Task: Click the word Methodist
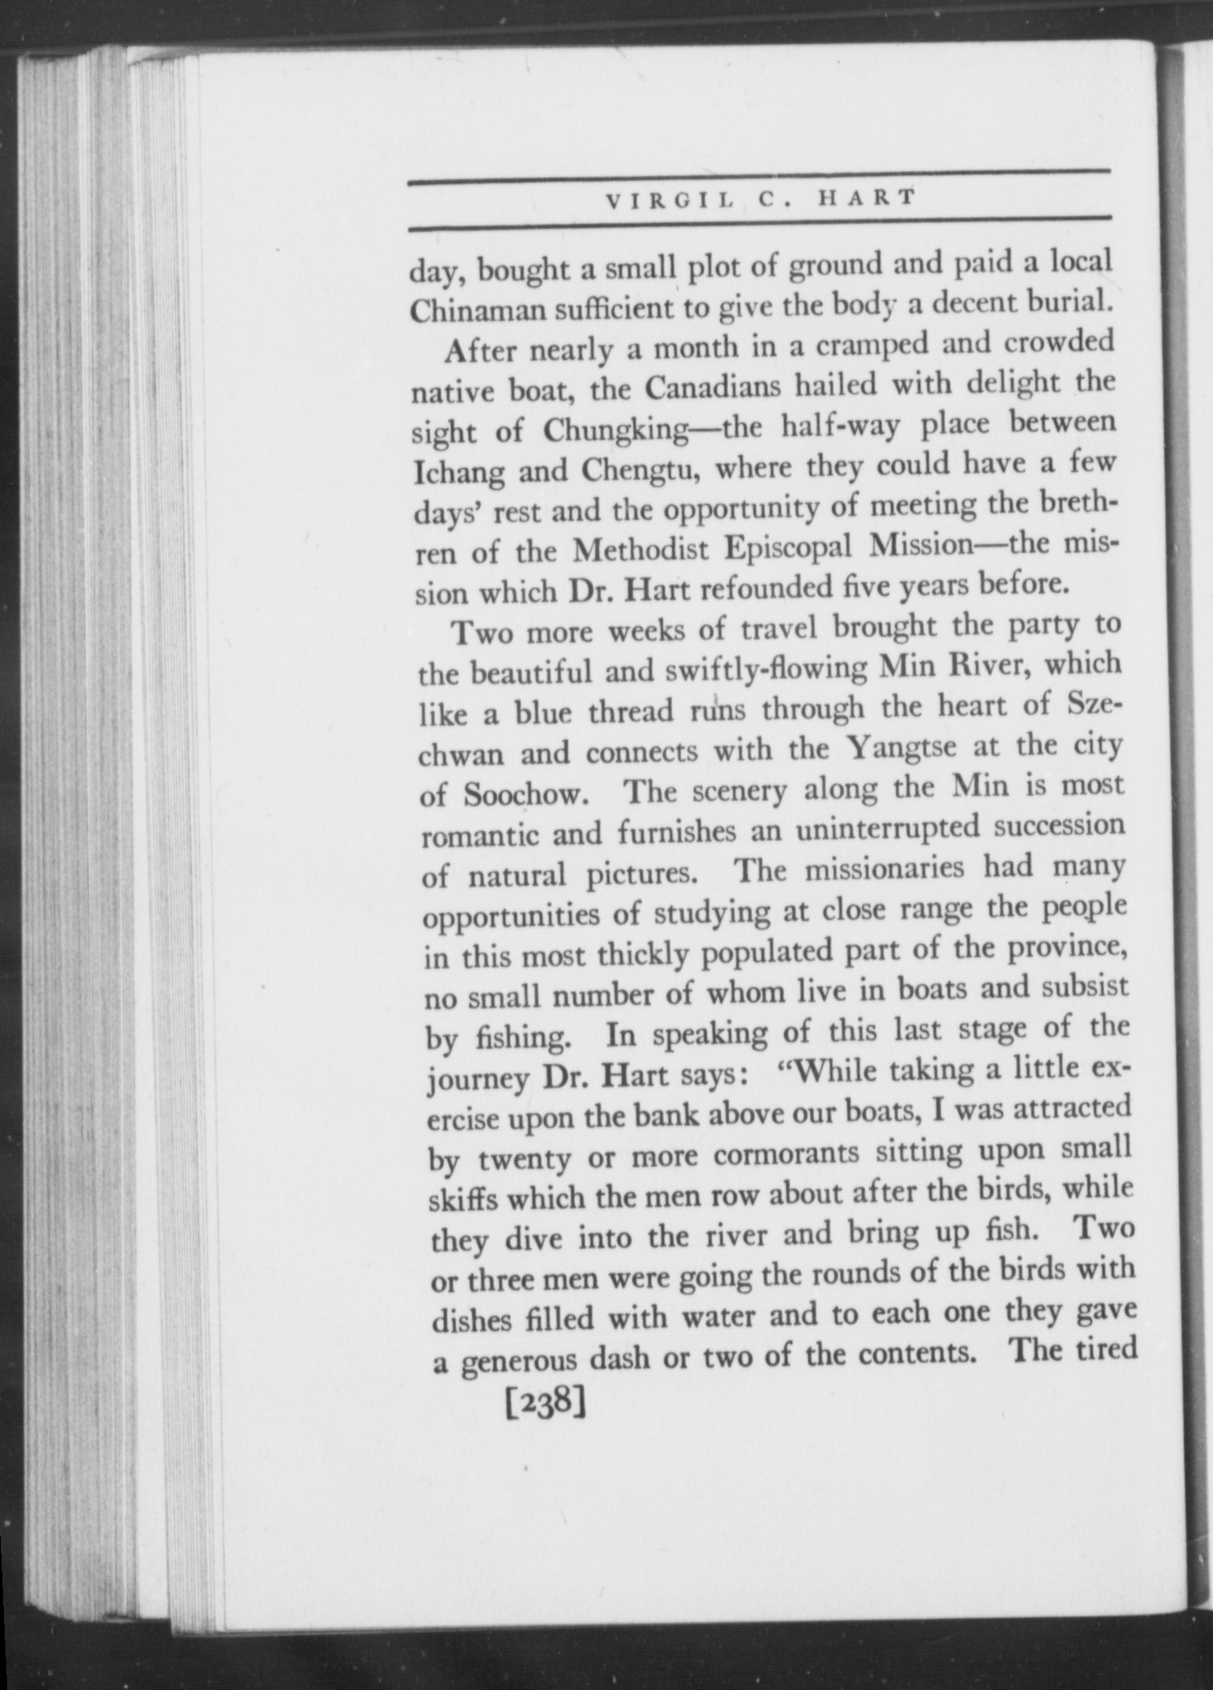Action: (641, 552)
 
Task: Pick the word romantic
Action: (480, 836)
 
